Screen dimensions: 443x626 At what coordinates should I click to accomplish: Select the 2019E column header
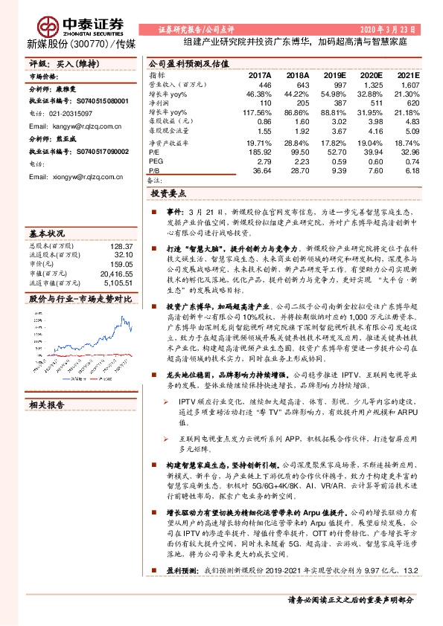tap(334, 76)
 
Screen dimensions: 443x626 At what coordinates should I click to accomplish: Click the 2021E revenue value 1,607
tap(409, 85)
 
